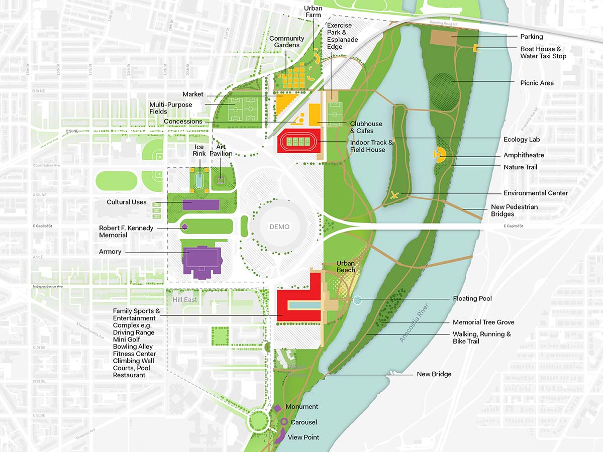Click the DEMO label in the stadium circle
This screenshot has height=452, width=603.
(279, 227)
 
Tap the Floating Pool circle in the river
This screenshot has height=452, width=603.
(357, 300)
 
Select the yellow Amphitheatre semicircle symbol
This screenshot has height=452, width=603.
(440, 154)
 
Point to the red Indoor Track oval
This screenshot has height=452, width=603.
(299, 141)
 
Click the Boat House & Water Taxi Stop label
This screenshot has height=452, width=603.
(543, 53)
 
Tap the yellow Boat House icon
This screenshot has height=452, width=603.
(476, 48)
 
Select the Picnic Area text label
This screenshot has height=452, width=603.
(537, 83)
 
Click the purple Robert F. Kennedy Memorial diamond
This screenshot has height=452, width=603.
(184, 227)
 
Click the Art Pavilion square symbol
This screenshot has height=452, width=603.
(220, 179)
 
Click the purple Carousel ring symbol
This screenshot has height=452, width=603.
(284, 422)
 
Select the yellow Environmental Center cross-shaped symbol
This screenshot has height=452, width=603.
(395, 195)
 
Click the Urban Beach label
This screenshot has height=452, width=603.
(346, 267)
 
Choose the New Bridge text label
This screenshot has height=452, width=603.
(434, 374)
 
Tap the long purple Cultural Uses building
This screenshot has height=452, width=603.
(201, 204)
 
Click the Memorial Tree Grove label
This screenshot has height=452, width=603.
(483, 322)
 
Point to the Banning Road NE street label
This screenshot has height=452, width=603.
(445, 23)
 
